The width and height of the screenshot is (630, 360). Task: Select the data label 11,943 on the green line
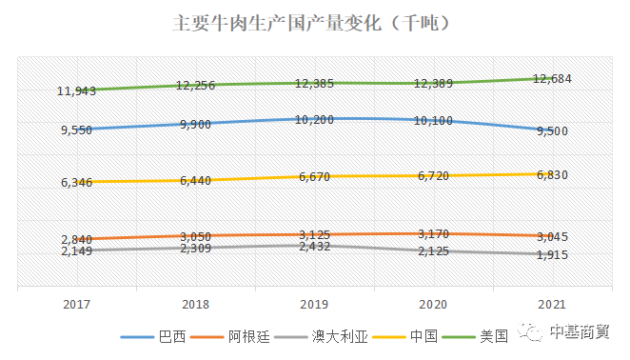[75, 91]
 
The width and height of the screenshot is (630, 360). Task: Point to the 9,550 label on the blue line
[76, 130]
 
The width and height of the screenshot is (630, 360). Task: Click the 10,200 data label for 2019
[314, 120]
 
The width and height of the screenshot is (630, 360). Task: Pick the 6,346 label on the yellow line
[76, 182]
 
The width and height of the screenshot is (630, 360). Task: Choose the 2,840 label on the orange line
[76, 240]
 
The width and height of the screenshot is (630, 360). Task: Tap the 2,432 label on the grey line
[314, 247]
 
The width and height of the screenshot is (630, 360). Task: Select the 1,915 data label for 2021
[551, 255]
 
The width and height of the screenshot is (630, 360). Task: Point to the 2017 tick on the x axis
[76, 305]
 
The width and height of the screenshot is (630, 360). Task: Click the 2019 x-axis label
[314, 305]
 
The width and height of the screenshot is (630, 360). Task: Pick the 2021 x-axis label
[551, 305]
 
